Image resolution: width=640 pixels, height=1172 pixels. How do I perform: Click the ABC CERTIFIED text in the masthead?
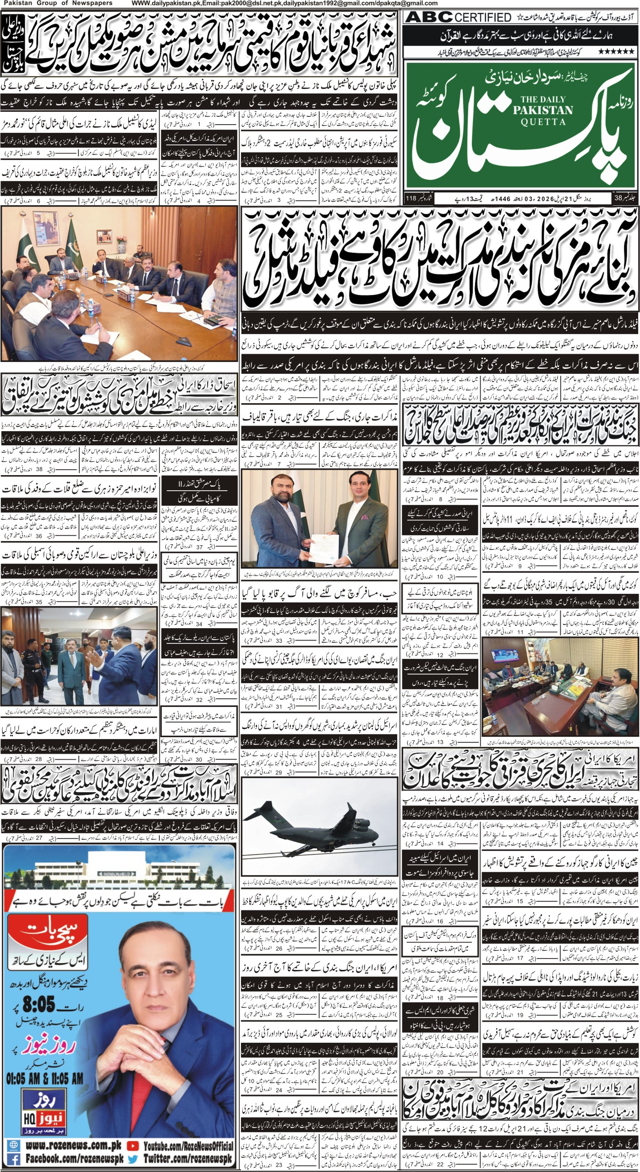click(x=459, y=17)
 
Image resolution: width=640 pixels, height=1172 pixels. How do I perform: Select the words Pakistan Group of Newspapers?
click(x=56, y=3)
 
